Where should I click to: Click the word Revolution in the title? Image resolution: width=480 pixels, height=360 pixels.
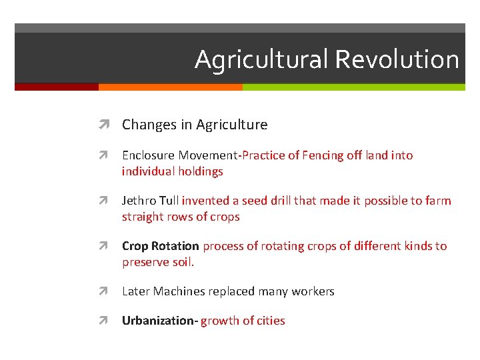[397, 59]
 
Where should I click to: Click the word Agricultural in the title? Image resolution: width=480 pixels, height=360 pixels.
[261, 60]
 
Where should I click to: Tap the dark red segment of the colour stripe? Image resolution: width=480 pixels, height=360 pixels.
[57, 87]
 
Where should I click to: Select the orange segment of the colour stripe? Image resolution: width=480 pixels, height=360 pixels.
[170, 87]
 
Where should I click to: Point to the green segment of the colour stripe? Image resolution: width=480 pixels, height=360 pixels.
[353, 87]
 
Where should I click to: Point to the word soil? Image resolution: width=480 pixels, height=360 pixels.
[182, 262]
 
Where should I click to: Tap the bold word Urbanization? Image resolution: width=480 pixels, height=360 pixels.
[159, 321]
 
